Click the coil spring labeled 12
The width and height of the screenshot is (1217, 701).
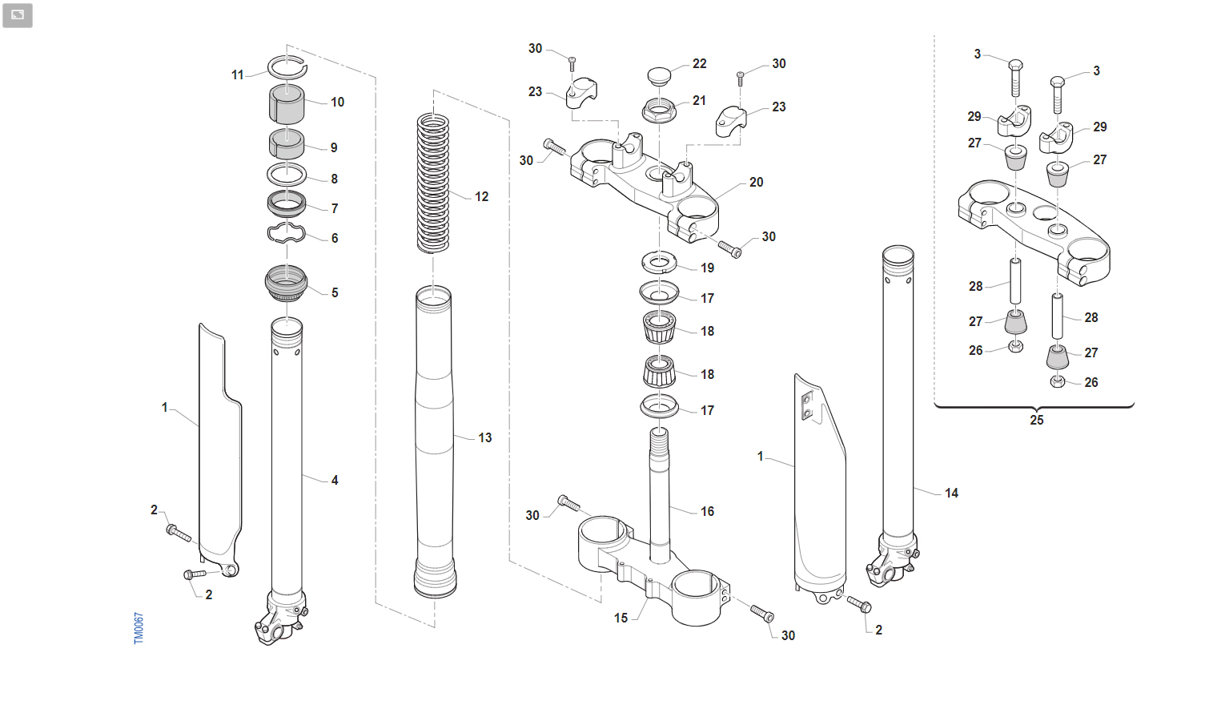pos(433,183)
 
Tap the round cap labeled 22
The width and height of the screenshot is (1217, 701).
pos(659,75)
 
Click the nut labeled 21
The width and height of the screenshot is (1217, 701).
pos(659,111)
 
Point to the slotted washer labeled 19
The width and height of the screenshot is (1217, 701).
pos(659,263)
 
